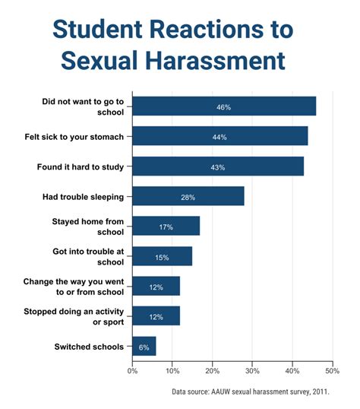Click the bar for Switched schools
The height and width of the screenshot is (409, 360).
coord(144,347)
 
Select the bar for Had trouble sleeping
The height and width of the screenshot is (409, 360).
coord(188,197)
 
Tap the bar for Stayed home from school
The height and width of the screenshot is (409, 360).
coord(166,227)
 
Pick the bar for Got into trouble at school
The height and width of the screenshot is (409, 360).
coord(163,257)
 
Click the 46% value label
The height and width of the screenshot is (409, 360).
coord(223,107)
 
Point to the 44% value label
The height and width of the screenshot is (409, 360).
coord(219,137)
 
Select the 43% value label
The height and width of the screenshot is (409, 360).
coord(217,167)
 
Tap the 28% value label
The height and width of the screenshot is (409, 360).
coord(188,197)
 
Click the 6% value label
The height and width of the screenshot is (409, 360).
coord(144,347)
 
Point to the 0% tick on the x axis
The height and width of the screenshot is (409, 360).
coord(133,371)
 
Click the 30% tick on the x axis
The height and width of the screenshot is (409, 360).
coord(252,371)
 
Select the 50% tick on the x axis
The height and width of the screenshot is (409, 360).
coord(332,371)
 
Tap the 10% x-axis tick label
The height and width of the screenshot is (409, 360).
coord(172,371)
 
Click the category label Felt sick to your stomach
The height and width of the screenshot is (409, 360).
coord(83,137)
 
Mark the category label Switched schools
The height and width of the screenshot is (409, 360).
coord(88,347)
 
